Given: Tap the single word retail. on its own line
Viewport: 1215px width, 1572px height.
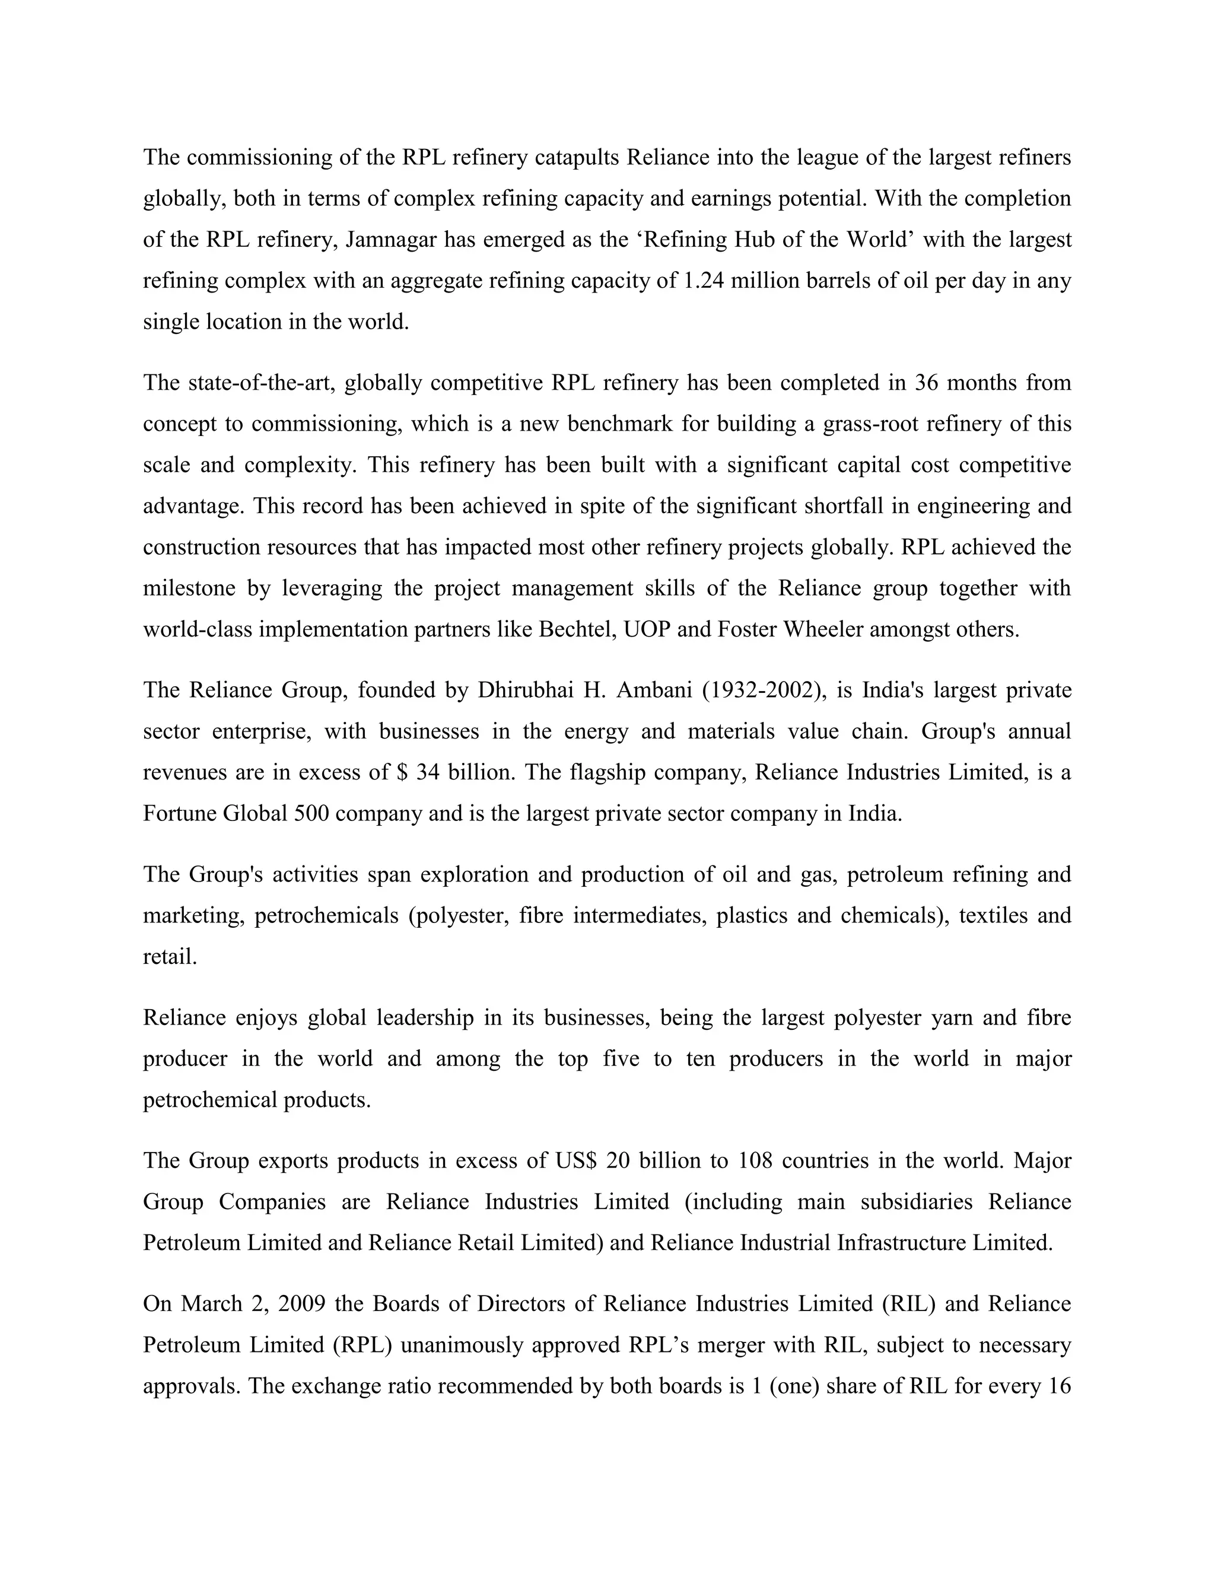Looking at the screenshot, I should [x=170, y=957].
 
